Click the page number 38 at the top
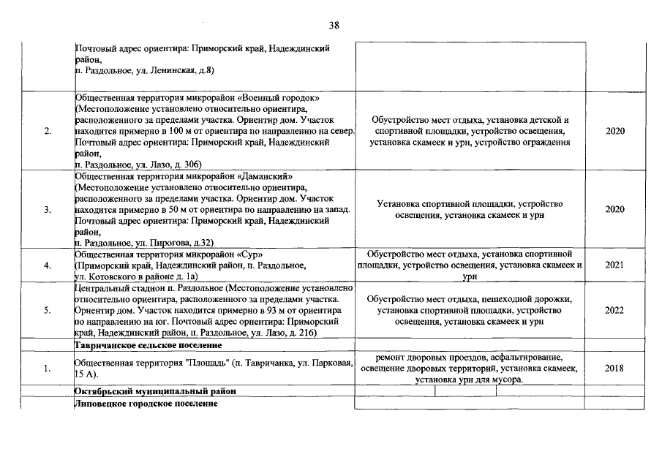point(334,25)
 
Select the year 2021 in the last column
point(614,265)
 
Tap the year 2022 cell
point(614,311)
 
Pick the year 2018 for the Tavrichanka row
point(614,368)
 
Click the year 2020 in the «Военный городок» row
point(614,131)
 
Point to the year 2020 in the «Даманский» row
point(614,210)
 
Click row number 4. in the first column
point(47,265)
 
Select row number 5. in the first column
point(47,311)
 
